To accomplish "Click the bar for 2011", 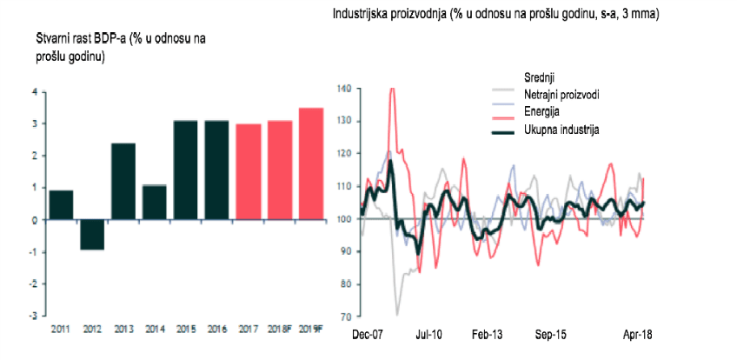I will coord(61,204).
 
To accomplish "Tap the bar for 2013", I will coord(123,181).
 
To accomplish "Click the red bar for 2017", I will coord(249,171).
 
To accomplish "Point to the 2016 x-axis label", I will coord(217,330).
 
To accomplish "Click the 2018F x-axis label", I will coord(280,330).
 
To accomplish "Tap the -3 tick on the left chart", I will coord(34,316).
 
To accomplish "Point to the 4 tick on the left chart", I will coord(35,91).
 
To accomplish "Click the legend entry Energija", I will coord(541,112).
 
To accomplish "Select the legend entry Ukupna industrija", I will coord(561,130).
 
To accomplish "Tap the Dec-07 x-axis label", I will coord(368,333).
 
